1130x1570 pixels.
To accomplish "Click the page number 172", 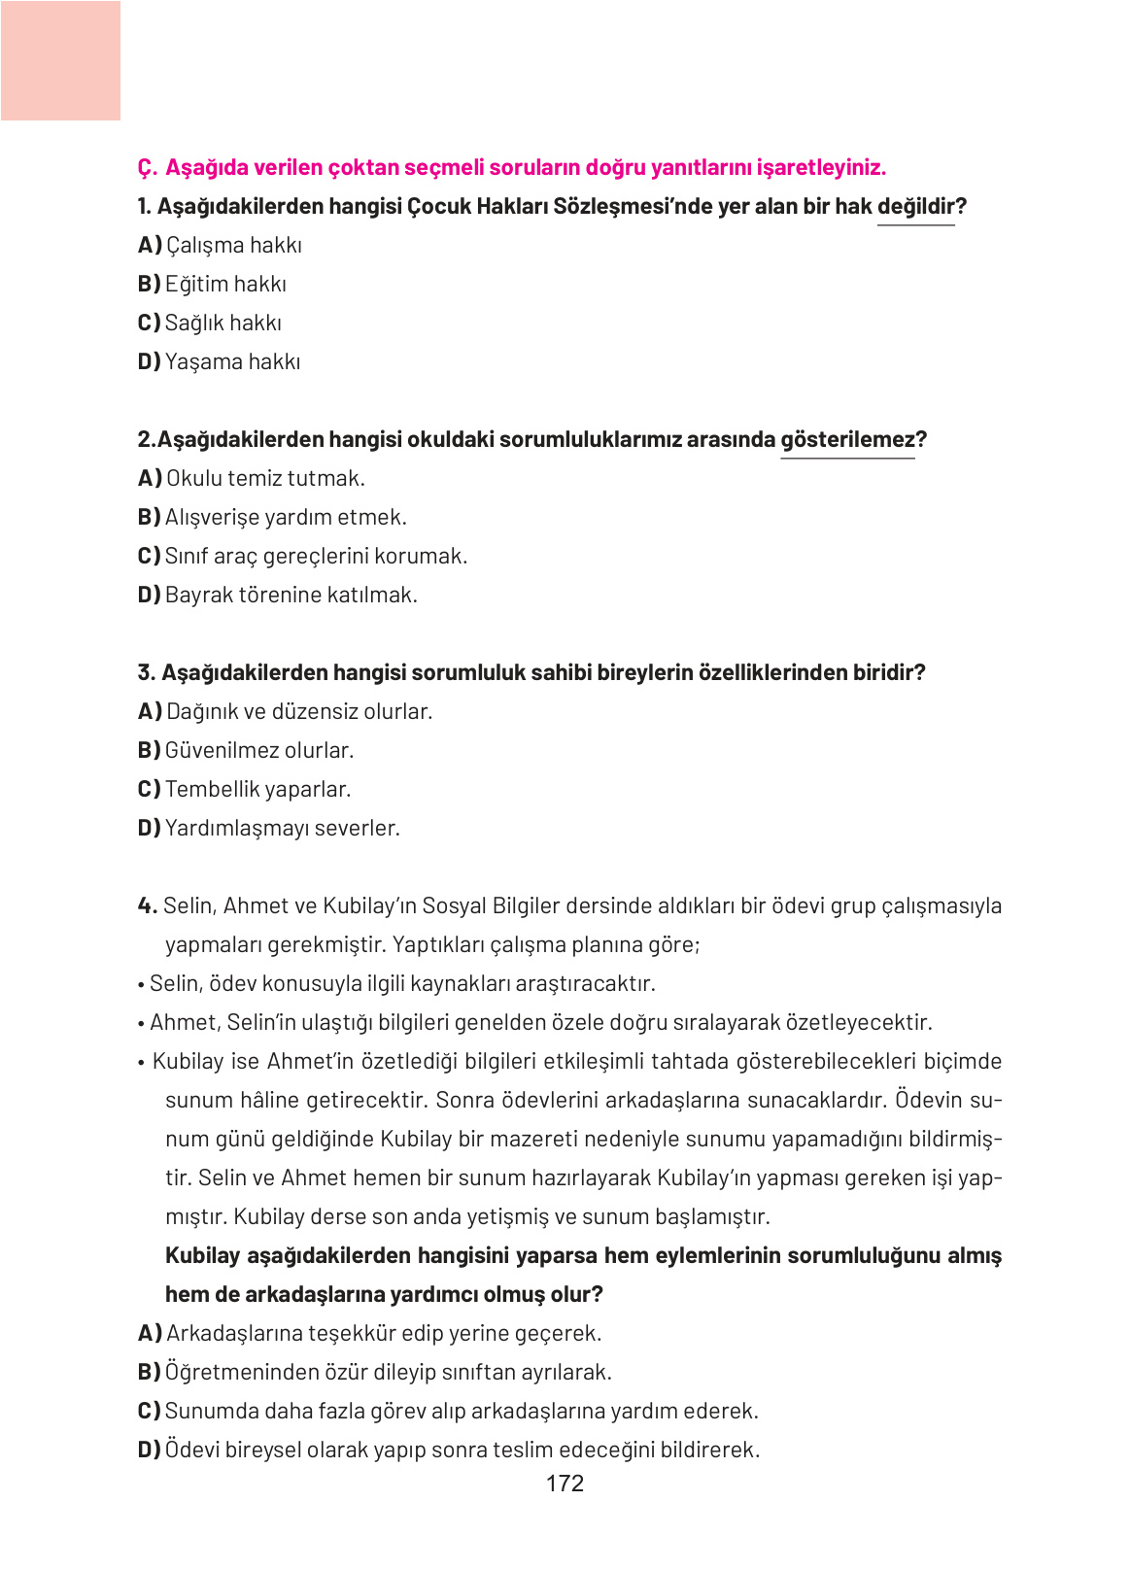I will [565, 1483].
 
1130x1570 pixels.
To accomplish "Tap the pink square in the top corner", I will [60, 60].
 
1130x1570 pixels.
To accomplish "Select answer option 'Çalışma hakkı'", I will [233, 245].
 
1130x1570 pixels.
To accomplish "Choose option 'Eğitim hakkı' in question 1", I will [225, 284].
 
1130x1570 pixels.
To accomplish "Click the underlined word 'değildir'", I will [915, 206].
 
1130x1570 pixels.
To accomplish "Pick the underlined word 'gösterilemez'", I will [847, 439].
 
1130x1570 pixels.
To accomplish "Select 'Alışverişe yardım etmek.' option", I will [286, 517].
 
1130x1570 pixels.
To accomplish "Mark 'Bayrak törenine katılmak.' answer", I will [291, 595].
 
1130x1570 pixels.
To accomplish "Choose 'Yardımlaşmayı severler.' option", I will [282, 828].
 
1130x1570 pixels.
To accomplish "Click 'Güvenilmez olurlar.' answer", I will [259, 750].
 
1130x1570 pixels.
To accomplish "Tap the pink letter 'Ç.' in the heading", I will [147, 167].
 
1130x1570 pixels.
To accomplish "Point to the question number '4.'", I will [147, 905].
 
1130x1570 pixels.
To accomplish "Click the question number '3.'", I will [147, 672].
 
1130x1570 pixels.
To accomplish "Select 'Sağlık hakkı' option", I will [223, 323].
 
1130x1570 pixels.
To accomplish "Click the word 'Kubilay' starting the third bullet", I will [188, 1061].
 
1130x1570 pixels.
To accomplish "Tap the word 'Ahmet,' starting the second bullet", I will [185, 1022].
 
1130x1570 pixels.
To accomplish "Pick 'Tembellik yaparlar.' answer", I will [257, 789].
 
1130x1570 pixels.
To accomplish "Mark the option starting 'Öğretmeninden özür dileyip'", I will [388, 1372].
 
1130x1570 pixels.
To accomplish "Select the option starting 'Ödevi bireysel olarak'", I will [462, 1450].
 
